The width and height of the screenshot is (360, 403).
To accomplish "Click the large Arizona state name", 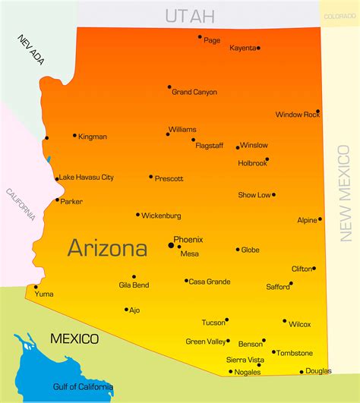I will pyautogui.click(x=107, y=247).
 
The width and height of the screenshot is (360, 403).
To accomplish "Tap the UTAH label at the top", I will pyautogui.click(x=190, y=15).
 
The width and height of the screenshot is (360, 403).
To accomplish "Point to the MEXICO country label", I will pyautogui.click(x=74, y=338).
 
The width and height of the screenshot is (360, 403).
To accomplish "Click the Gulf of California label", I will pyautogui.click(x=83, y=387).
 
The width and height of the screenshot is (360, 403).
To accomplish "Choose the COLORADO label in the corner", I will pyautogui.click(x=339, y=16).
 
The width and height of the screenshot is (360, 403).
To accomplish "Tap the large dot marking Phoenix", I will pyautogui.click(x=171, y=245).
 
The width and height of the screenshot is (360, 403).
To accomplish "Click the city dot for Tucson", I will pyautogui.click(x=226, y=320).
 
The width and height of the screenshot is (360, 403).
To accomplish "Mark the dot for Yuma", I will pyautogui.click(x=36, y=287).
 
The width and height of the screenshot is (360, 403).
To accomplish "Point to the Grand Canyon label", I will pyautogui.click(x=194, y=93).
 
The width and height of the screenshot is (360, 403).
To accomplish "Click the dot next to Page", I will pyautogui.click(x=200, y=36).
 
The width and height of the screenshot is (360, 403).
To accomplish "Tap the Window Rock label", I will pyautogui.click(x=298, y=115).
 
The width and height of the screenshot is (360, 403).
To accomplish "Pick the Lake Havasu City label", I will pyautogui.click(x=87, y=178).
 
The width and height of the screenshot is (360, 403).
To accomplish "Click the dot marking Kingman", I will pyautogui.click(x=74, y=136).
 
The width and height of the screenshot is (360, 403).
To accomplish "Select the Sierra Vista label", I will pyautogui.click(x=245, y=360).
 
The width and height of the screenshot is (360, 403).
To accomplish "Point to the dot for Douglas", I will pyautogui.click(x=302, y=372).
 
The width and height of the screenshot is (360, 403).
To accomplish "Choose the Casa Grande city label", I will pyautogui.click(x=210, y=282).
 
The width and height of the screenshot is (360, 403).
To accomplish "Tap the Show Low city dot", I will pyautogui.click(x=273, y=194).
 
